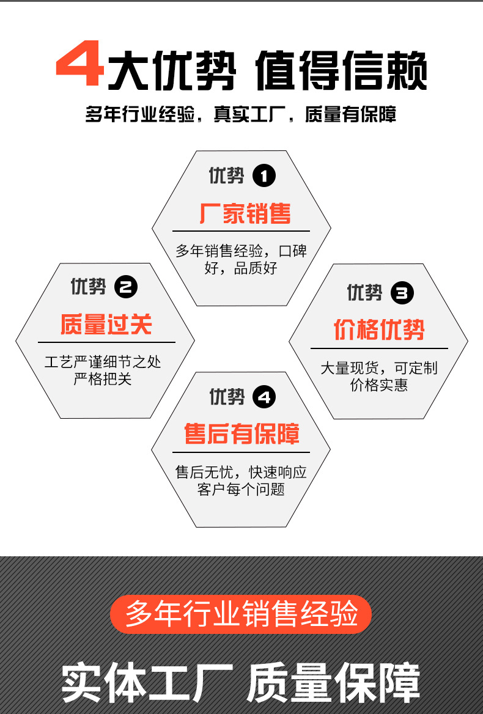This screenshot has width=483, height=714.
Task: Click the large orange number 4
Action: tap(79, 64)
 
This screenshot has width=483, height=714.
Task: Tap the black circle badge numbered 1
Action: tap(264, 176)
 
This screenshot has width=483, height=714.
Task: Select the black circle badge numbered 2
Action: tap(126, 287)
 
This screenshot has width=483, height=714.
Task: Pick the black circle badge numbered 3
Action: tap(402, 293)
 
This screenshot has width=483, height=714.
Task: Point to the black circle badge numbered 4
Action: tap(264, 397)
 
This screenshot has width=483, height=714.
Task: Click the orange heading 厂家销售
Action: tap(245, 213)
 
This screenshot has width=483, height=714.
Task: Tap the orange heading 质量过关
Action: tap(106, 324)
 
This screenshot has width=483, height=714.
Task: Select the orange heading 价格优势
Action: tap(379, 329)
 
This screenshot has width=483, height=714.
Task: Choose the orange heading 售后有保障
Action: tap(242, 433)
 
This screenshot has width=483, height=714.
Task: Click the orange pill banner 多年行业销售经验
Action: tap(241, 614)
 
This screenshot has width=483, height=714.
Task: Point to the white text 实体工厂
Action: tap(147, 683)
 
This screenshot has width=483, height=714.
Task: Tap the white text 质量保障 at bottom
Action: tap(333, 683)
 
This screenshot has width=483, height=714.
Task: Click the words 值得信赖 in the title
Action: tap(341, 70)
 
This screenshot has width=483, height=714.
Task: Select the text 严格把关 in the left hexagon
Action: tap(103, 379)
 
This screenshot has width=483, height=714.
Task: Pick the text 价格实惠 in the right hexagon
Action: tap(379, 385)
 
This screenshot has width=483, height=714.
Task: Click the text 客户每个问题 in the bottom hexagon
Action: tap(242, 490)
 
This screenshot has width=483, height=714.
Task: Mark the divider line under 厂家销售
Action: tap(242, 231)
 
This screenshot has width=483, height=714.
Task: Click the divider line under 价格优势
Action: tap(379, 348)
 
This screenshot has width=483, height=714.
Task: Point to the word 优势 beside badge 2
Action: tap(88, 287)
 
